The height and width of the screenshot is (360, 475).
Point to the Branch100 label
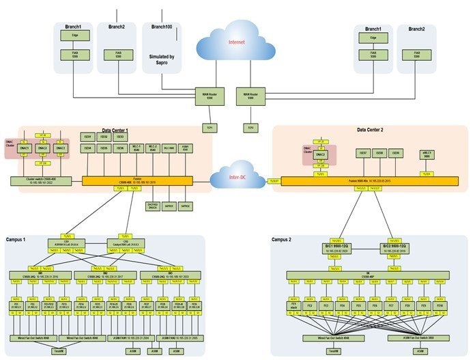pyautogui.click(x=162, y=27)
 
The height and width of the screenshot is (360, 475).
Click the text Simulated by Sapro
pyautogui.click(x=162, y=59)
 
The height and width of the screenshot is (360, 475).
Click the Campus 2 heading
pyautogui.click(x=282, y=240)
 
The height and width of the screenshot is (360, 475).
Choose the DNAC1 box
pyautogui.click(x=24, y=148)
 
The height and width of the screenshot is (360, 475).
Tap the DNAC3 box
pyautogui.click(x=61, y=148)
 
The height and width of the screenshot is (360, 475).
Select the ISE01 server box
pyautogui.click(x=87, y=137)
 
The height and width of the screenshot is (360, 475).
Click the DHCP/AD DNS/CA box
pyautogui.click(x=153, y=204)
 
